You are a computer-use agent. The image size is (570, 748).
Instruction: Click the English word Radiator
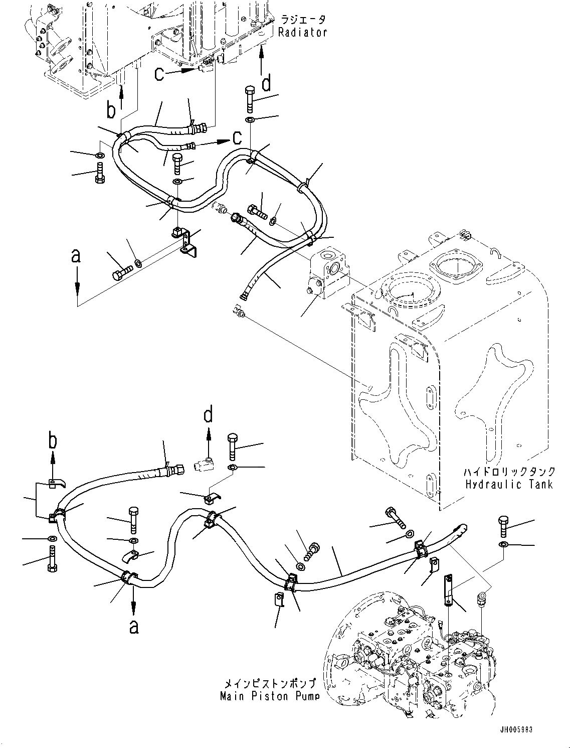303,33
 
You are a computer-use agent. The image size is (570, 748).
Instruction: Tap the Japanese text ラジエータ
303,20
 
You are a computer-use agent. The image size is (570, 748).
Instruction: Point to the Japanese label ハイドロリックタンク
508,472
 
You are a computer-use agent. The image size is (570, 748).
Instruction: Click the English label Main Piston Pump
269,696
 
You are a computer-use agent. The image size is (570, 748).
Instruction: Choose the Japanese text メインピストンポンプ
269,684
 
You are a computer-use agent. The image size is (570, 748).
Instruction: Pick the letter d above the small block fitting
208,415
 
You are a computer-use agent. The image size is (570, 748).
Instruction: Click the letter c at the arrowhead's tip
238,137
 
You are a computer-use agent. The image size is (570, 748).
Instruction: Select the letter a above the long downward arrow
76,256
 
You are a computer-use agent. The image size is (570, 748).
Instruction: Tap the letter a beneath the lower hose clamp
133,627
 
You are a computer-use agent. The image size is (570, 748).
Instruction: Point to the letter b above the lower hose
52,441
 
